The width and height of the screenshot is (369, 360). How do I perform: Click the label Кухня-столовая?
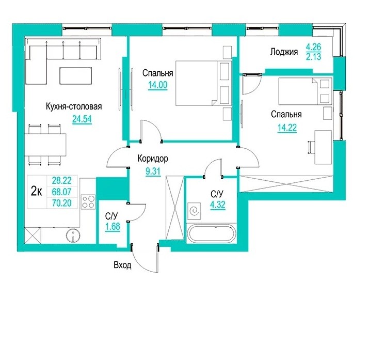[74, 107]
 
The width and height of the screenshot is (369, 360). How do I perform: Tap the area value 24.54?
[82, 119]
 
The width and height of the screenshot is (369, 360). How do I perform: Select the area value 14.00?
[158, 85]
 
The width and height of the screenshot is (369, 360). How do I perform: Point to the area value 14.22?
[287, 128]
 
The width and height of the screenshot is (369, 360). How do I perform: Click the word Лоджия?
[284, 52]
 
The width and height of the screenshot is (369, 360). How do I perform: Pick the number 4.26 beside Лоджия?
[313, 47]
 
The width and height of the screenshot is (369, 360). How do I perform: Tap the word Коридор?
[153, 159]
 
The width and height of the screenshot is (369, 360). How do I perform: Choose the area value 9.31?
[153, 171]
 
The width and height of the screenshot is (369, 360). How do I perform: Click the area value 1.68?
[113, 227]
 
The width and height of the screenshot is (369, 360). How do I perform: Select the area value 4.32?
[218, 205]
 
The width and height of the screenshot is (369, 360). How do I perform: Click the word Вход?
[122, 265]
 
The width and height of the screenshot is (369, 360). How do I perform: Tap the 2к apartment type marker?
[37, 192]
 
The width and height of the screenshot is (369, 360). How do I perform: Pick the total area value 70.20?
[61, 203]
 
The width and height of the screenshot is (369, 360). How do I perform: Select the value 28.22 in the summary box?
[61, 181]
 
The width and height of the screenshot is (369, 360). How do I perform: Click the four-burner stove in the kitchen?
[88, 202]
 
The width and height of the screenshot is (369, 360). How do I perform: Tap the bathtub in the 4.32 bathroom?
[211, 233]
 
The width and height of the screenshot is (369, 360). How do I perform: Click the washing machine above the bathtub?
[194, 211]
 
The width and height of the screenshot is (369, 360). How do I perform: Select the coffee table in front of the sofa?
[75, 75]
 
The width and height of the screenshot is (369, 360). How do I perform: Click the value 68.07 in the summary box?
[61, 192]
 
